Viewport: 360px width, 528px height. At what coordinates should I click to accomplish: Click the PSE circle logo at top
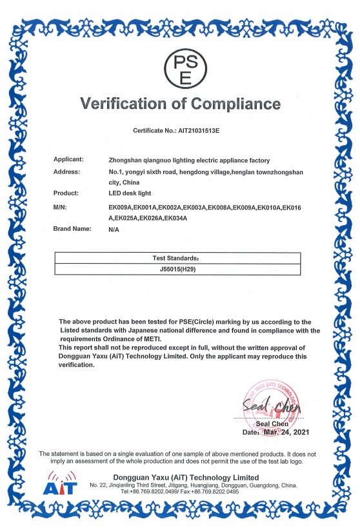[x=185, y=70]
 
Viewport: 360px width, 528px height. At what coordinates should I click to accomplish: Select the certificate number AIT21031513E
[x=197, y=130]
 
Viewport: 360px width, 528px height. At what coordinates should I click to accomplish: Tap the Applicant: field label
[x=68, y=159]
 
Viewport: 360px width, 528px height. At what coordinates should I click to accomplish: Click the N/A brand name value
[x=114, y=230]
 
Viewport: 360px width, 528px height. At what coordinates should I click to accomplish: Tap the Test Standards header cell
[x=177, y=257]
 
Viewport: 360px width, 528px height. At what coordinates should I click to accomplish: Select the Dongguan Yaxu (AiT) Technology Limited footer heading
[x=186, y=476]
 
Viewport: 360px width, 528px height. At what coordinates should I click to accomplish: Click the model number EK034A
[x=173, y=218]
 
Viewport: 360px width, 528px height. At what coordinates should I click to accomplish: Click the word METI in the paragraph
[x=150, y=338]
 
